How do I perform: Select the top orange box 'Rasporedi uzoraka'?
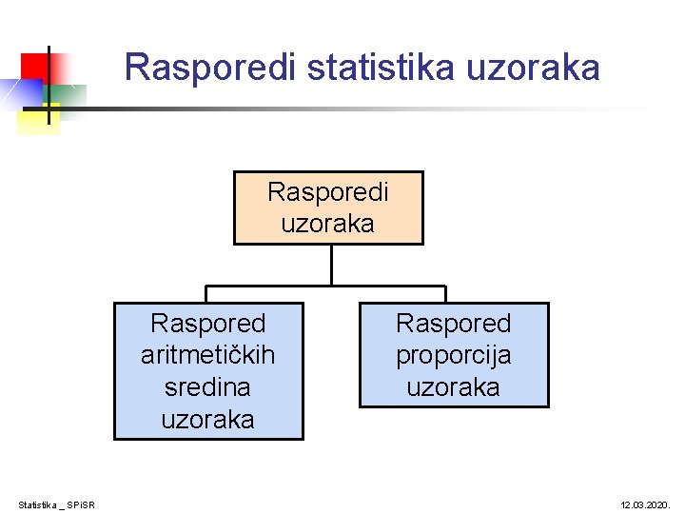[328, 208]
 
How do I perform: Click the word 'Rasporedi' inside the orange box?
[328, 192]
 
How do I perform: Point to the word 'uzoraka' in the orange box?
[328, 224]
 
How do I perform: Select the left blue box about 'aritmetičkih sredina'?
[208, 370]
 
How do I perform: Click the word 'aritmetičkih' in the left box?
[208, 355]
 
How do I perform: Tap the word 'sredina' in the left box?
[208, 387]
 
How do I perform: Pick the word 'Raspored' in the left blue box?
[208, 324]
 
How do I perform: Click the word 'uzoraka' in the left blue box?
[208, 419]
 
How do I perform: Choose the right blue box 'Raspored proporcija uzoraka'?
[454, 355]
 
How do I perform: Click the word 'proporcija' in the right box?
[454, 355]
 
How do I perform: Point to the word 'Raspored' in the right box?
[454, 324]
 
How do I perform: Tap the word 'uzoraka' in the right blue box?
[454, 387]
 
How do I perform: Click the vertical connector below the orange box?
[331, 265]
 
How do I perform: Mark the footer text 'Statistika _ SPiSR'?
[57, 504]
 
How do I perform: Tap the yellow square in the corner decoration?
[38, 121]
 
